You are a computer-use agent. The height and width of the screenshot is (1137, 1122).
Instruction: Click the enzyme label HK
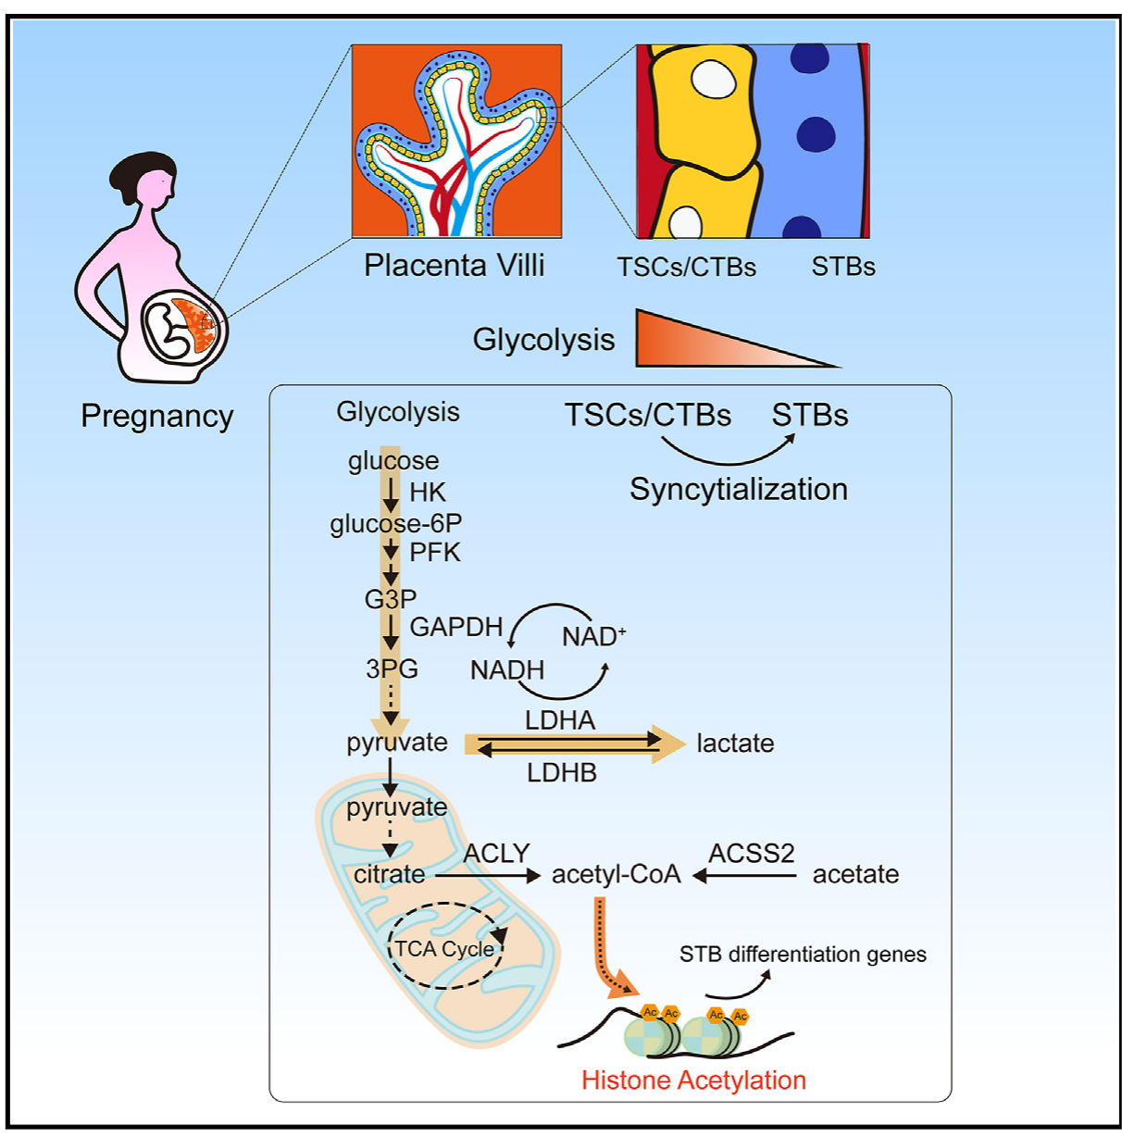point(428,493)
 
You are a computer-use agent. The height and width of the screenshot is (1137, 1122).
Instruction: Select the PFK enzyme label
point(435,553)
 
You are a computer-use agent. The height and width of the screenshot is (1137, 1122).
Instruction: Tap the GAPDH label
point(455,628)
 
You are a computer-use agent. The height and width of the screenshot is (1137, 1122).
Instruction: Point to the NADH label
point(507,670)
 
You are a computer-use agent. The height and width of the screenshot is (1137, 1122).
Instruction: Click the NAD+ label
point(593,637)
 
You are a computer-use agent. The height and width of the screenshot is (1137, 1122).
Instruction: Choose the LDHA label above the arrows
point(560,720)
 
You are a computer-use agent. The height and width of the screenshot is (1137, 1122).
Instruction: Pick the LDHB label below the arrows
point(562,773)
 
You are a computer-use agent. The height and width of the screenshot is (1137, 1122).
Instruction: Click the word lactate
point(735,743)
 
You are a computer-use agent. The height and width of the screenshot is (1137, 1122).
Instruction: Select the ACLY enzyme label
point(496,853)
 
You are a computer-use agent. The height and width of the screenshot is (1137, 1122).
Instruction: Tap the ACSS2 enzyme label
point(752,853)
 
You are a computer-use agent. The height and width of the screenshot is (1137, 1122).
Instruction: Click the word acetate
point(855,875)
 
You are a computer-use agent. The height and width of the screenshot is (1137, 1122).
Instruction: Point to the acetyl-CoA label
point(616,875)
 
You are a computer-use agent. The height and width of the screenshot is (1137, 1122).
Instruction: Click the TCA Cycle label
point(445,949)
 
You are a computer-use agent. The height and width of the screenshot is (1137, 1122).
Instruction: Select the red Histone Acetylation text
point(693,1081)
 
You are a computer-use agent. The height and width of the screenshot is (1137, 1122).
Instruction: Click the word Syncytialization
point(739,490)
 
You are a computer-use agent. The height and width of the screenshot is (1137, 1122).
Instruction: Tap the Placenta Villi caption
point(454,266)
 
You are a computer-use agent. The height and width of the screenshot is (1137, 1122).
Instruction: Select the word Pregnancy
point(156,417)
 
